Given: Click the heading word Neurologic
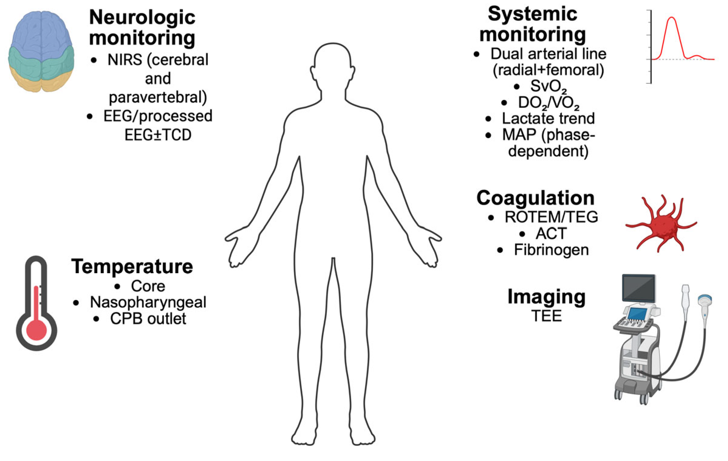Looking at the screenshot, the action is click(x=142, y=18).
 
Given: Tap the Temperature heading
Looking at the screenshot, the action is click(x=132, y=267).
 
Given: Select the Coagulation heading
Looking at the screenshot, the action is click(x=535, y=198).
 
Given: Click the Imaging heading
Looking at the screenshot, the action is click(x=546, y=297).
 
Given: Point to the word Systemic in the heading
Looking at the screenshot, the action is click(x=532, y=14).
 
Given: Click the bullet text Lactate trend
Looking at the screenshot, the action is click(x=548, y=118).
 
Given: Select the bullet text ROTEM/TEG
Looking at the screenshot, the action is click(x=551, y=217).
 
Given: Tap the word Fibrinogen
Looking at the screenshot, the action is click(x=551, y=250).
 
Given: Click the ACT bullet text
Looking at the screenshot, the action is click(x=551, y=233).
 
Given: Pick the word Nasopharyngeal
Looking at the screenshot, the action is click(x=148, y=302).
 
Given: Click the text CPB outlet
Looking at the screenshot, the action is click(x=148, y=319).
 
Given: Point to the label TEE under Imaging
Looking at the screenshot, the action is click(x=547, y=316).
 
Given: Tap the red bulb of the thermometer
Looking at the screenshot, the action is click(x=36, y=330).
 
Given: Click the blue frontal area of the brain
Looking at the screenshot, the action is click(x=41, y=29).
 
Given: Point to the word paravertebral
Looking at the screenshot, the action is click(x=158, y=97).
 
